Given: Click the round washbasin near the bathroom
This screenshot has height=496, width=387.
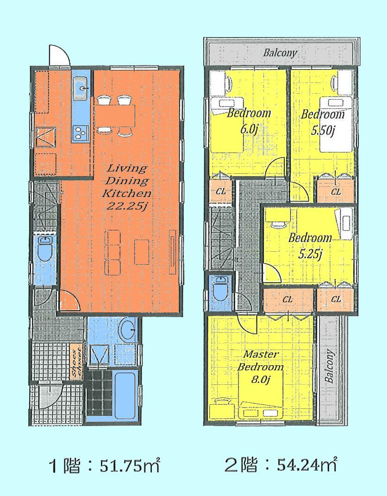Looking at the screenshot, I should tap(126, 330).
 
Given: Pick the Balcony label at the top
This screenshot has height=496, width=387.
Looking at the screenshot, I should tap(280, 53).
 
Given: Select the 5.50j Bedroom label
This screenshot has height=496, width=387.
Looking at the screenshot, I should tap(323, 121).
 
